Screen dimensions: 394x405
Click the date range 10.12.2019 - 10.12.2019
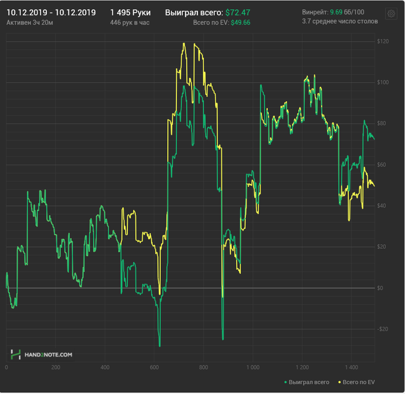tap(51, 12)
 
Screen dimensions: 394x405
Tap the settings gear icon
tap(391, 13)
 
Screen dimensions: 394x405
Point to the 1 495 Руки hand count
tap(130, 12)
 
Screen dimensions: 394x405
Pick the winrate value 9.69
tap(336, 12)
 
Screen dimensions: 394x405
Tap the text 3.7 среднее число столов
tap(340, 21)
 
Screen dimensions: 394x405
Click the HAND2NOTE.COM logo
tap(42, 354)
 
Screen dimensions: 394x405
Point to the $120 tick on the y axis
tap(382, 42)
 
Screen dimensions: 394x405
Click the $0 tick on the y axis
tap(380, 288)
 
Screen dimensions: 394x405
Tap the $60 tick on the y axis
tap(381, 165)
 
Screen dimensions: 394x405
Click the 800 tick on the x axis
tap(203, 367)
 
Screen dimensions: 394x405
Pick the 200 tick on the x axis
tap(56, 367)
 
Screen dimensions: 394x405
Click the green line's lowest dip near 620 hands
tap(159, 345)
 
